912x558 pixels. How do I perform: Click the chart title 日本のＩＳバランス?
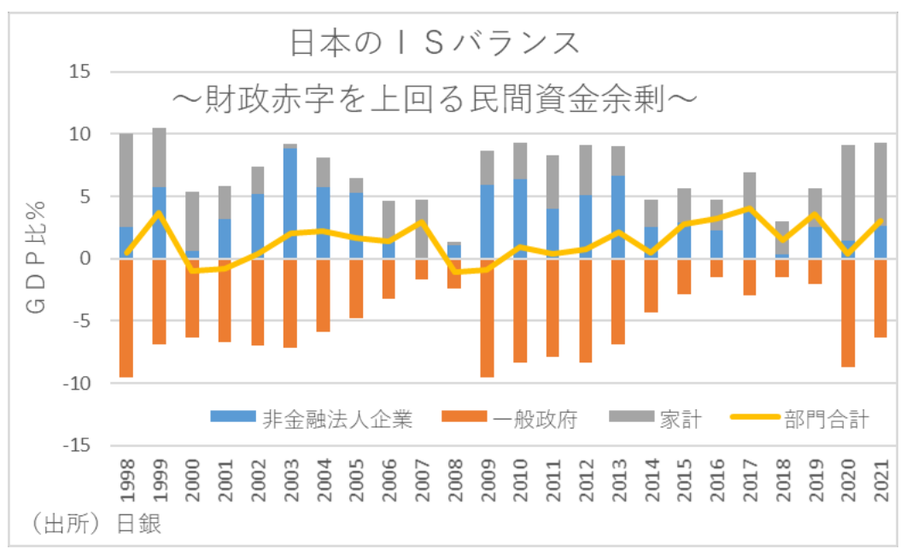tap(436, 42)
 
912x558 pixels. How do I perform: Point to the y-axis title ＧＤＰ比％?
tap(44, 256)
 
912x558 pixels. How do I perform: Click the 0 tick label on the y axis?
tap(85, 258)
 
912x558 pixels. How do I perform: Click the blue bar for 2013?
tap(618, 217)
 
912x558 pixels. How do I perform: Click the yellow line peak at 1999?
tap(159, 212)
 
